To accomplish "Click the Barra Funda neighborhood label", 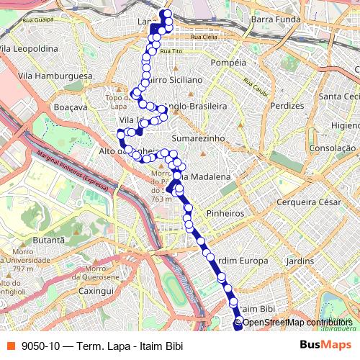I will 276,20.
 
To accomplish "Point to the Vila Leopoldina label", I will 29,48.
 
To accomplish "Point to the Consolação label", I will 333,149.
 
